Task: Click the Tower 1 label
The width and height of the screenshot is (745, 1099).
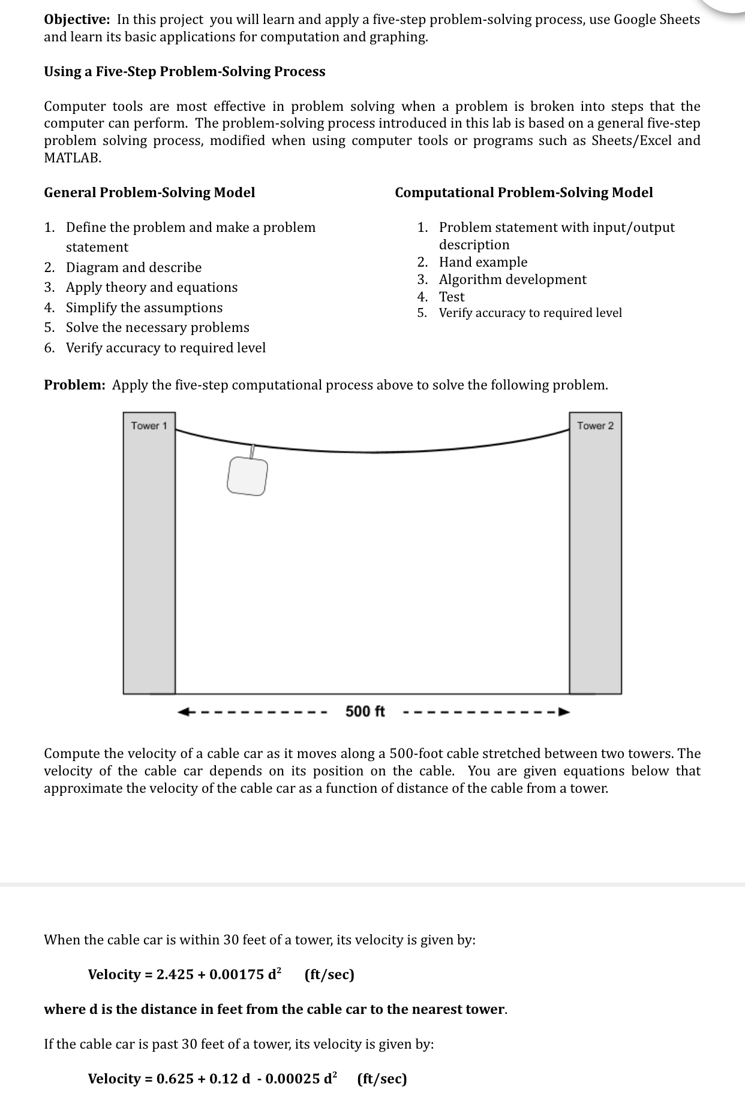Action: click(x=149, y=426)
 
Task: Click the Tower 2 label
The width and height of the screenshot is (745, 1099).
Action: click(x=595, y=426)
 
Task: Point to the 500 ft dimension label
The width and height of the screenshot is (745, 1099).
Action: click(x=365, y=711)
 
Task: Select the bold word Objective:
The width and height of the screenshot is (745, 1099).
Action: click(x=77, y=19)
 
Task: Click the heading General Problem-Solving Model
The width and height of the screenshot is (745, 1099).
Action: click(x=149, y=192)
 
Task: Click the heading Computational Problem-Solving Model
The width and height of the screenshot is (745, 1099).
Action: click(x=524, y=192)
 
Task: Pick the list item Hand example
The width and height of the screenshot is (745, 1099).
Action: click(x=483, y=262)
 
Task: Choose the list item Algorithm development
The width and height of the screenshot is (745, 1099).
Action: click(x=512, y=279)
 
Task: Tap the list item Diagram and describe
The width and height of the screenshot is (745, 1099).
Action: click(x=133, y=267)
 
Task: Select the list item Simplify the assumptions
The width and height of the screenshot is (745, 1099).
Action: click(x=144, y=307)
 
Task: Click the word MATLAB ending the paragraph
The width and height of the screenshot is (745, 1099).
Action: click(x=72, y=158)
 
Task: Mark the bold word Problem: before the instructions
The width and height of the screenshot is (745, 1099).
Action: click(x=74, y=385)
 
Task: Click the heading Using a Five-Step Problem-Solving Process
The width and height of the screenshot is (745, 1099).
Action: click(x=185, y=71)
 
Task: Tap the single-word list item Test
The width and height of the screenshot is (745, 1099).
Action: click(x=452, y=297)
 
